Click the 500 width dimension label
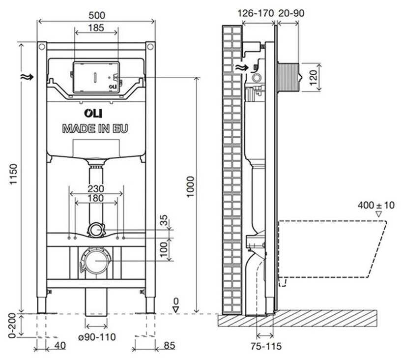pyautogui.click(x=96, y=15)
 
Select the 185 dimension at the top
pyautogui.click(x=96, y=28)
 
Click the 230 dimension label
pyautogui.click(x=96, y=188)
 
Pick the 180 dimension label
pyautogui.click(x=96, y=198)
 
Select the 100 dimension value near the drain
pyautogui.click(x=164, y=248)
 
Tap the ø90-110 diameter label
pyautogui.click(x=96, y=337)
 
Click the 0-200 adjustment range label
pyautogui.click(x=13, y=326)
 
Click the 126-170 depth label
pyautogui.click(x=255, y=13)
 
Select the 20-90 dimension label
pyautogui.click(x=291, y=13)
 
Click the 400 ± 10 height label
pyautogui.click(x=376, y=205)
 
